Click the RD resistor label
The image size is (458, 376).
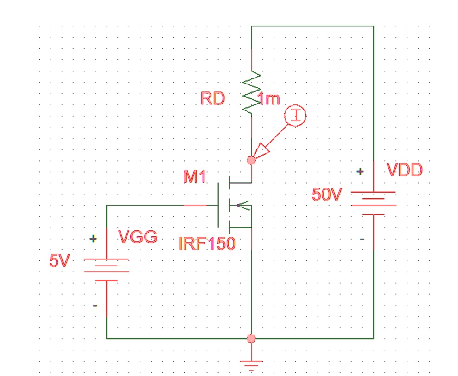(212, 98)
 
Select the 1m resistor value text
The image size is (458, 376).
(269, 99)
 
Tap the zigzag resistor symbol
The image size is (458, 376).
(252, 93)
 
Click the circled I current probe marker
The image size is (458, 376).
(295, 116)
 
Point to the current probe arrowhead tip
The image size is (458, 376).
(256, 158)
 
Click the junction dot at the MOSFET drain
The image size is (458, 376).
(251, 161)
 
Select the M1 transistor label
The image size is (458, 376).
(195, 177)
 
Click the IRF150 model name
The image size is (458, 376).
(207, 243)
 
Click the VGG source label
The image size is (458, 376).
(138, 237)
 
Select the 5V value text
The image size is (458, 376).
(59, 261)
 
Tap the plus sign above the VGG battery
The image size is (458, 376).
(94, 239)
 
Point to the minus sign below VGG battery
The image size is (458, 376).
(95, 305)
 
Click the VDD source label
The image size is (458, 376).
(404, 170)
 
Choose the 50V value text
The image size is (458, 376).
(326, 194)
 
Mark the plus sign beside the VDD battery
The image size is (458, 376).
(360, 172)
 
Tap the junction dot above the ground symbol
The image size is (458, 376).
(251, 338)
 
